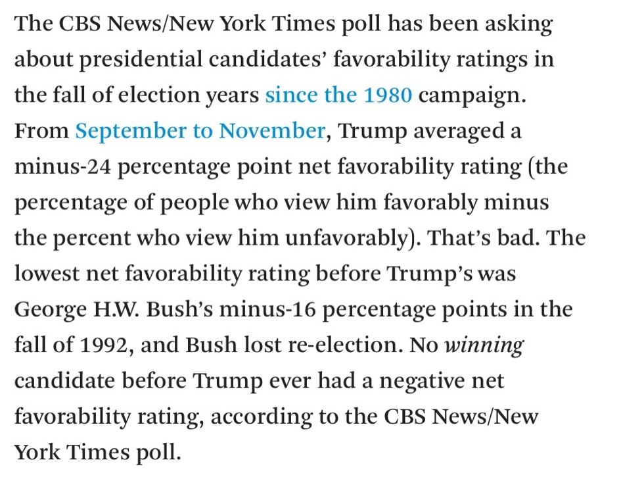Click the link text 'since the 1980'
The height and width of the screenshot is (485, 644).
(338, 95)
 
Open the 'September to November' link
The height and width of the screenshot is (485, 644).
(200, 131)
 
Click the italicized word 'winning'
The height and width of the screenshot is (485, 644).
(484, 345)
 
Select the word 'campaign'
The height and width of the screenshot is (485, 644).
(472, 95)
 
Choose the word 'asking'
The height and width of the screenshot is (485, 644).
(518, 24)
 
